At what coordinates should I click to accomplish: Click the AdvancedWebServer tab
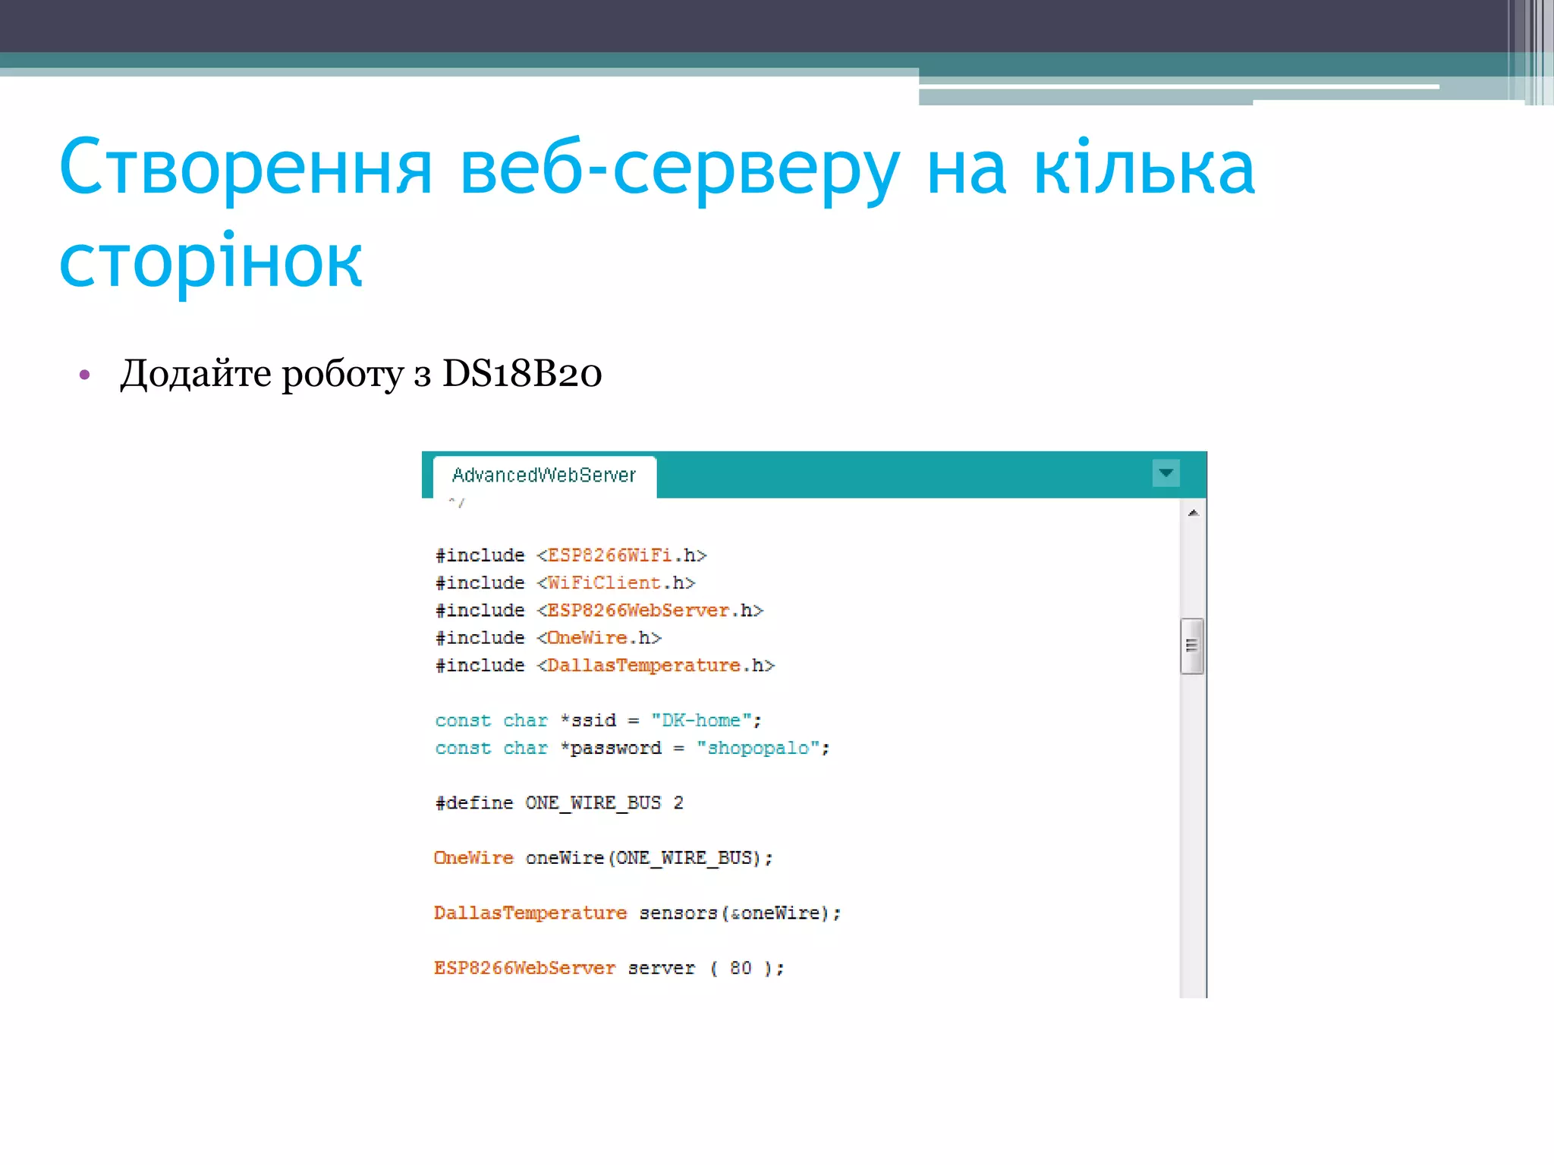point(543,476)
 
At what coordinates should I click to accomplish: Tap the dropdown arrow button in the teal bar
point(1165,473)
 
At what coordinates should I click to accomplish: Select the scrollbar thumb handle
point(1192,645)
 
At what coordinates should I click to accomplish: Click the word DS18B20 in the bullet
point(522,373)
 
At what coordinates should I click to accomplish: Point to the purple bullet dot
point(85,375)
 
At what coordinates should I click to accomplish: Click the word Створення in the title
point(245,168)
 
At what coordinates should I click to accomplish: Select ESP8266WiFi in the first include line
point(609,556)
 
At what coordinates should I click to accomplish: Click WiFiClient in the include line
point(603,583)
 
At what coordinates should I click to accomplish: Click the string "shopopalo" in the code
point(758,749)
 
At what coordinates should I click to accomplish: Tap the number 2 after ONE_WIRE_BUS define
point(678,803)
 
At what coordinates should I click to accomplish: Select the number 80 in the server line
point(741,969)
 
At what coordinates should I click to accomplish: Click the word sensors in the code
point(678,913)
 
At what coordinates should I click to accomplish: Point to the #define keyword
point(474,803)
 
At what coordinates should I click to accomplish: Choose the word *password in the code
point(611,749)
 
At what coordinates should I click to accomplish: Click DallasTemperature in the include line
point(643,666)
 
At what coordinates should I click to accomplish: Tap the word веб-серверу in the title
point(680,168)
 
